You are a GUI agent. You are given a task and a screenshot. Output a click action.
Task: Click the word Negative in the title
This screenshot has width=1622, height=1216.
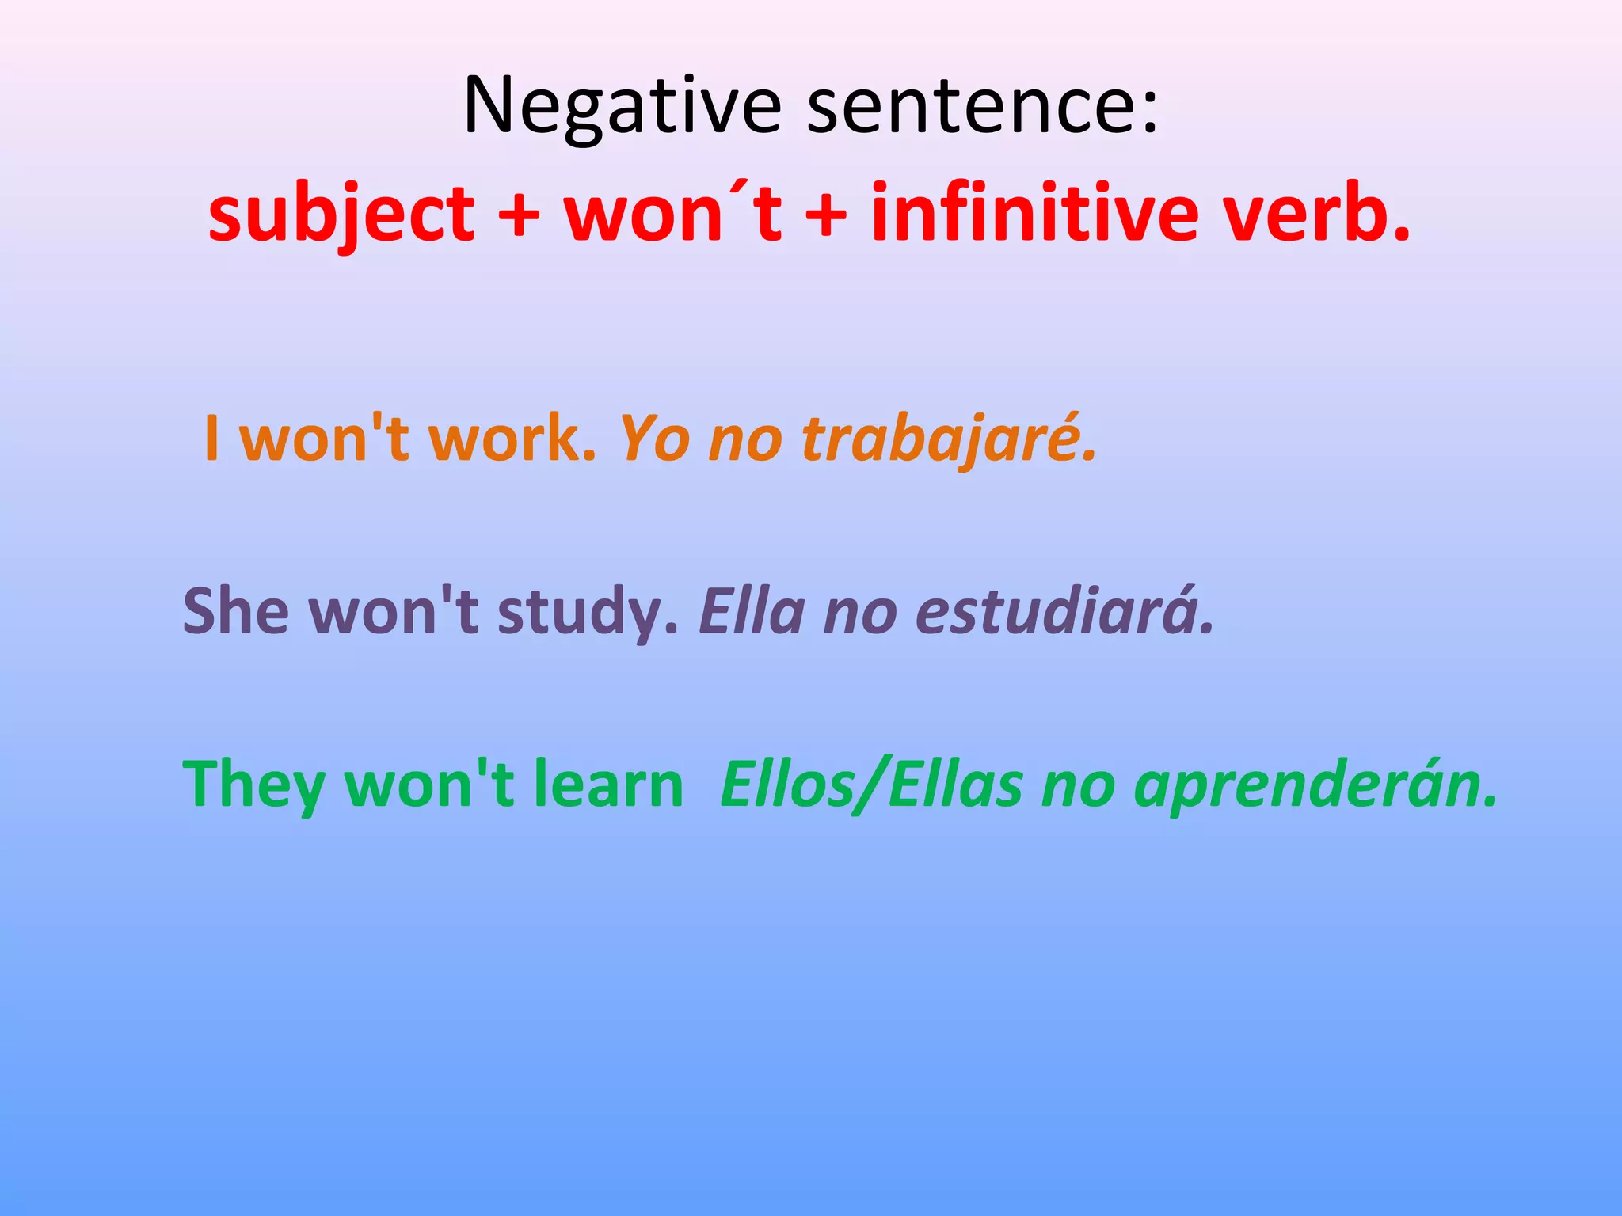point(623,106)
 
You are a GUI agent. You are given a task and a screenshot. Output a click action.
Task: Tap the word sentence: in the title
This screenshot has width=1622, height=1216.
point(982,106)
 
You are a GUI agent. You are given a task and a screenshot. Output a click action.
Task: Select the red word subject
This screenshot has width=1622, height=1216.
point(341,214)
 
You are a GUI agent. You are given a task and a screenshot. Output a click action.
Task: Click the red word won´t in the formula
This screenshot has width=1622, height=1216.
point(673,214)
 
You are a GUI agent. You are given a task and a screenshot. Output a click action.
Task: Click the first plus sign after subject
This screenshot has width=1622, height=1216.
point(520,214)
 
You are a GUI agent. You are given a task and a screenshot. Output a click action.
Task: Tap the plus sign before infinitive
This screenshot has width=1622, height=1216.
point(827,214)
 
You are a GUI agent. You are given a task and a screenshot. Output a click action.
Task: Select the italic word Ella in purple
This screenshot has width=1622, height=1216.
point(752,610)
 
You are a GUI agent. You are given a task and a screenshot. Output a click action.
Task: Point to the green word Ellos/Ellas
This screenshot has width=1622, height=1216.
point(871,784)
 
